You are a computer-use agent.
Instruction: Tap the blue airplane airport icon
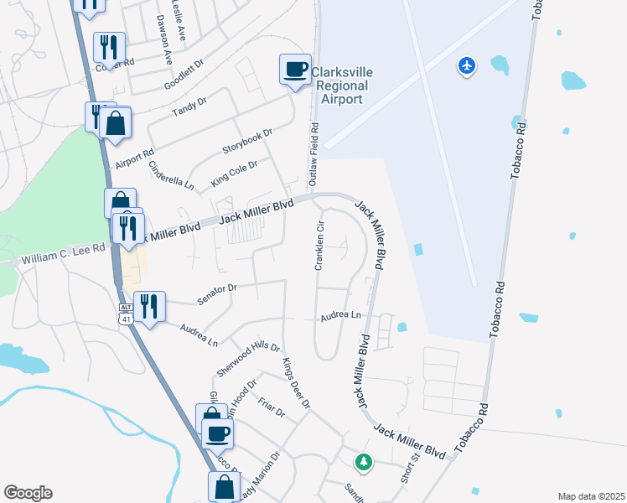point(467,65)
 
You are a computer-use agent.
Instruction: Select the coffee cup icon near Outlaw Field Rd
point(295,70)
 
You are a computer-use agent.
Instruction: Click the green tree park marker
point(363,461)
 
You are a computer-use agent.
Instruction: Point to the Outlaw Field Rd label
point(315,155)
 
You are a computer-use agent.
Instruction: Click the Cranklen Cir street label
point(319,246)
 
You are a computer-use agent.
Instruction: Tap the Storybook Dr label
point(247,141)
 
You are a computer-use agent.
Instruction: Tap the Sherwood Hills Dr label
point(248,359)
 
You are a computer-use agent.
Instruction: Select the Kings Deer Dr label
point(297,382)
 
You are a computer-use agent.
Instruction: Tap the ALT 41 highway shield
point(125,314)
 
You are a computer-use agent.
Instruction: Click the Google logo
point(28,493)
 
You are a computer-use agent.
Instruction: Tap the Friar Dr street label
point(272,407)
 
